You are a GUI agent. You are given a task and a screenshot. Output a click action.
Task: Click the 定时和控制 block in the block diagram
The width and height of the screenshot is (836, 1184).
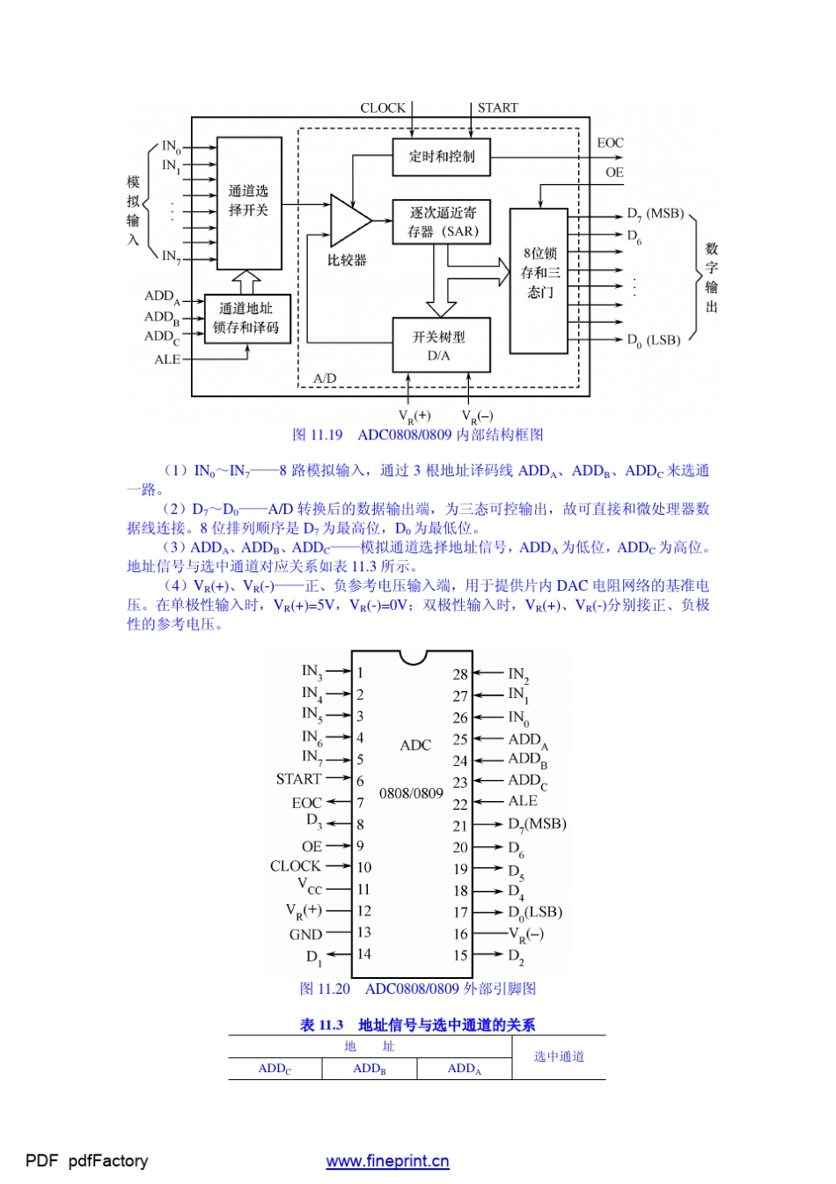click(x=442, y=157)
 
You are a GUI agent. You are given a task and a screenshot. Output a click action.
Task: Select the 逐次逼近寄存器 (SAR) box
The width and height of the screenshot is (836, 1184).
click(x=442, y=222)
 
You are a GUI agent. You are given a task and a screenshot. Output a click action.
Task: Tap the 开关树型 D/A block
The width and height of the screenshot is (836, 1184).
click(x=440, y=345)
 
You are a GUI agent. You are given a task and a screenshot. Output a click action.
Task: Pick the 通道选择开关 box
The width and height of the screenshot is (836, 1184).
click(x=249, y=202)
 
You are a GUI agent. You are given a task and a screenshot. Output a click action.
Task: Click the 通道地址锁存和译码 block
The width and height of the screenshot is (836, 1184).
click(x=246, y=319)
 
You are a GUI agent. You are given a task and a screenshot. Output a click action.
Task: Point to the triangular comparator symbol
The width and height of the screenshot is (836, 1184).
click(x=348, y=220)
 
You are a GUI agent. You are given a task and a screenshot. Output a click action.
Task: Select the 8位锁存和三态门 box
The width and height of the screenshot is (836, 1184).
click(x=539, y=280)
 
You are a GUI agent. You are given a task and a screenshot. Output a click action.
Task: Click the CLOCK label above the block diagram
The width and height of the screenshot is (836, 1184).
click(x=383, y=108)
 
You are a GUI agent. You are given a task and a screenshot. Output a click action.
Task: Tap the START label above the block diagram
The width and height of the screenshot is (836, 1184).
click(x=498, y=108)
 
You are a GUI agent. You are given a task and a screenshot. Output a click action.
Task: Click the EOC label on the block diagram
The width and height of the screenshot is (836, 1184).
click(x=610, y=143)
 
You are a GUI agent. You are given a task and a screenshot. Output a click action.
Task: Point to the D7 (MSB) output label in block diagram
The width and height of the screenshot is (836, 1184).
click(x=655, y=214)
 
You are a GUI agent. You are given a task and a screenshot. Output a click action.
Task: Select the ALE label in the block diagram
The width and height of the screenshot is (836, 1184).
click(x=167, y=359)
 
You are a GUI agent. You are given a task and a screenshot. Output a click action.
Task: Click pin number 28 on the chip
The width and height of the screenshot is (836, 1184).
click(x=460, y=674)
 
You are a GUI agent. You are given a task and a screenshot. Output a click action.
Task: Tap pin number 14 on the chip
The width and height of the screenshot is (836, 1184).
click(x=364, y=953)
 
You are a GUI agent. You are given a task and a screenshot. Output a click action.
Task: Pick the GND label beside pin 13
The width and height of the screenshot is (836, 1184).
click(x=306, y=934)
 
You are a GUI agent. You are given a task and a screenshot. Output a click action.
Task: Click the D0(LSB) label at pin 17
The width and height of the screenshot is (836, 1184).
click(x=535, y=913)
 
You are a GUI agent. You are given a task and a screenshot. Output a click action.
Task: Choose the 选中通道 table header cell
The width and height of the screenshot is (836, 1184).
click(x=559, y=1056)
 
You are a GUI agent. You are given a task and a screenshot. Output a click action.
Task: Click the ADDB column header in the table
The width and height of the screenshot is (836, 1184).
click(x=370, y=1069)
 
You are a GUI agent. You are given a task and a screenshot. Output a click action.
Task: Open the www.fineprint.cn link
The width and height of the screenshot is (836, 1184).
click(x=387, y=1161)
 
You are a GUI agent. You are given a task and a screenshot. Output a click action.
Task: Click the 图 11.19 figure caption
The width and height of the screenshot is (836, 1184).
click(x=418, y=435)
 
